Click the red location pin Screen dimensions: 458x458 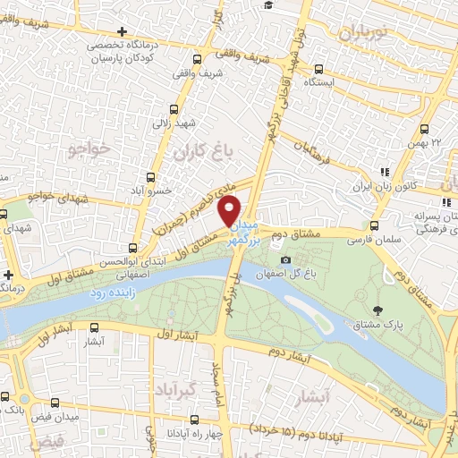point(231,209)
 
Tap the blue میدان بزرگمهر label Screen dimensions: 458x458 point(250,232)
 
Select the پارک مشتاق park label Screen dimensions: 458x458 point(401,326)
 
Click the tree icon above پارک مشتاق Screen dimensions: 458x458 point(379,310)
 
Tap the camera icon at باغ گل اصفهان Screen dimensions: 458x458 point(286,259)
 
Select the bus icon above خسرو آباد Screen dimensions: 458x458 point(149,175)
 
